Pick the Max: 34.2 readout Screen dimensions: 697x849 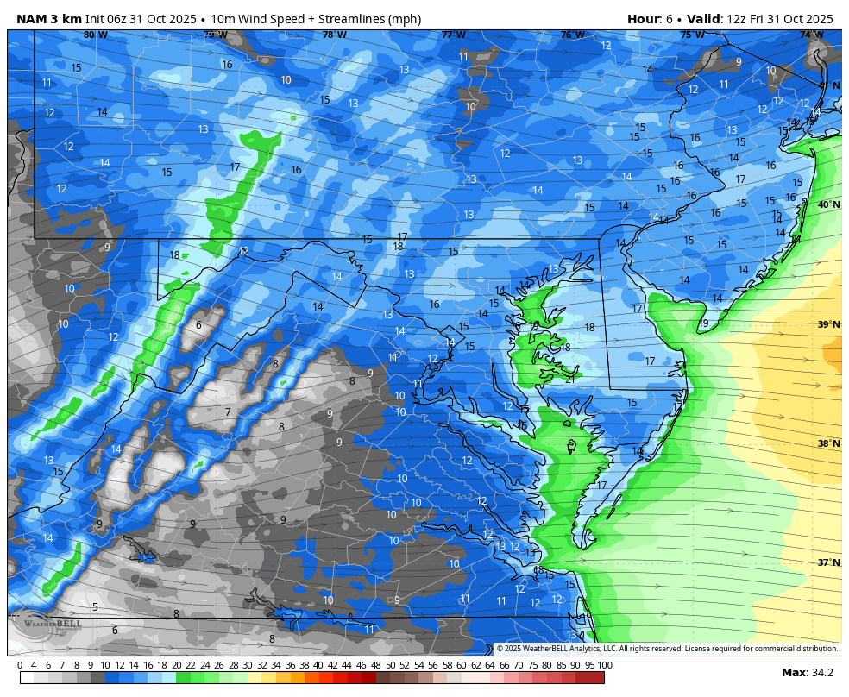pos(807,673)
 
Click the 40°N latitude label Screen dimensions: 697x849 pos(828,205)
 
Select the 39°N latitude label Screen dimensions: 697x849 pos(828,324)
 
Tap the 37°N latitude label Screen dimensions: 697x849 pos(828,562)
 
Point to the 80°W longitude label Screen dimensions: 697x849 pos(95,35)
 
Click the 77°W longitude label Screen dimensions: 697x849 pos(453,35)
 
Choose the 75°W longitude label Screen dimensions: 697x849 pos(691,35)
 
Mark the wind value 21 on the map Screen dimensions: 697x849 pos(569,379)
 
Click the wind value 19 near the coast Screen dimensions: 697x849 pos(703,323)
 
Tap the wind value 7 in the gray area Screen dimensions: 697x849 pos(228,412)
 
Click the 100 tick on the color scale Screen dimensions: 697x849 pos(605,665)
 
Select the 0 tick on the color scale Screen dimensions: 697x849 pos(20,665)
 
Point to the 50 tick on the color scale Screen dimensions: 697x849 pos(390,665)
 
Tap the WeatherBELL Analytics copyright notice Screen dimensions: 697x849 pos(666,649)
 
